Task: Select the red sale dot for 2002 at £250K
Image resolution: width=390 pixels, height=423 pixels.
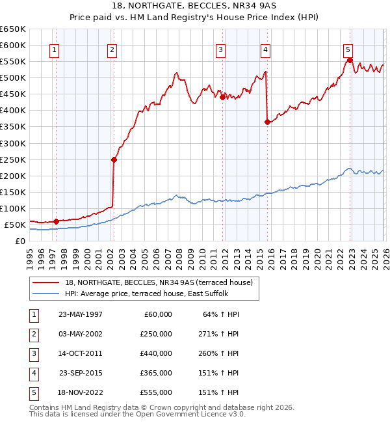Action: point(113,159)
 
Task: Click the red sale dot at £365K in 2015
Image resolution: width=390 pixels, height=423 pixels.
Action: point(267,122)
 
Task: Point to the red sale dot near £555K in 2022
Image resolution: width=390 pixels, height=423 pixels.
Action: point(350,60)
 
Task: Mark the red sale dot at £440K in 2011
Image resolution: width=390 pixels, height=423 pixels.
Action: point(222,97)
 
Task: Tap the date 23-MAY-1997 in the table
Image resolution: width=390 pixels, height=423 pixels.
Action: point(80,314)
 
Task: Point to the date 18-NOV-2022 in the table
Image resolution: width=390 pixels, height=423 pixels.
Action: point(80,392)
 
